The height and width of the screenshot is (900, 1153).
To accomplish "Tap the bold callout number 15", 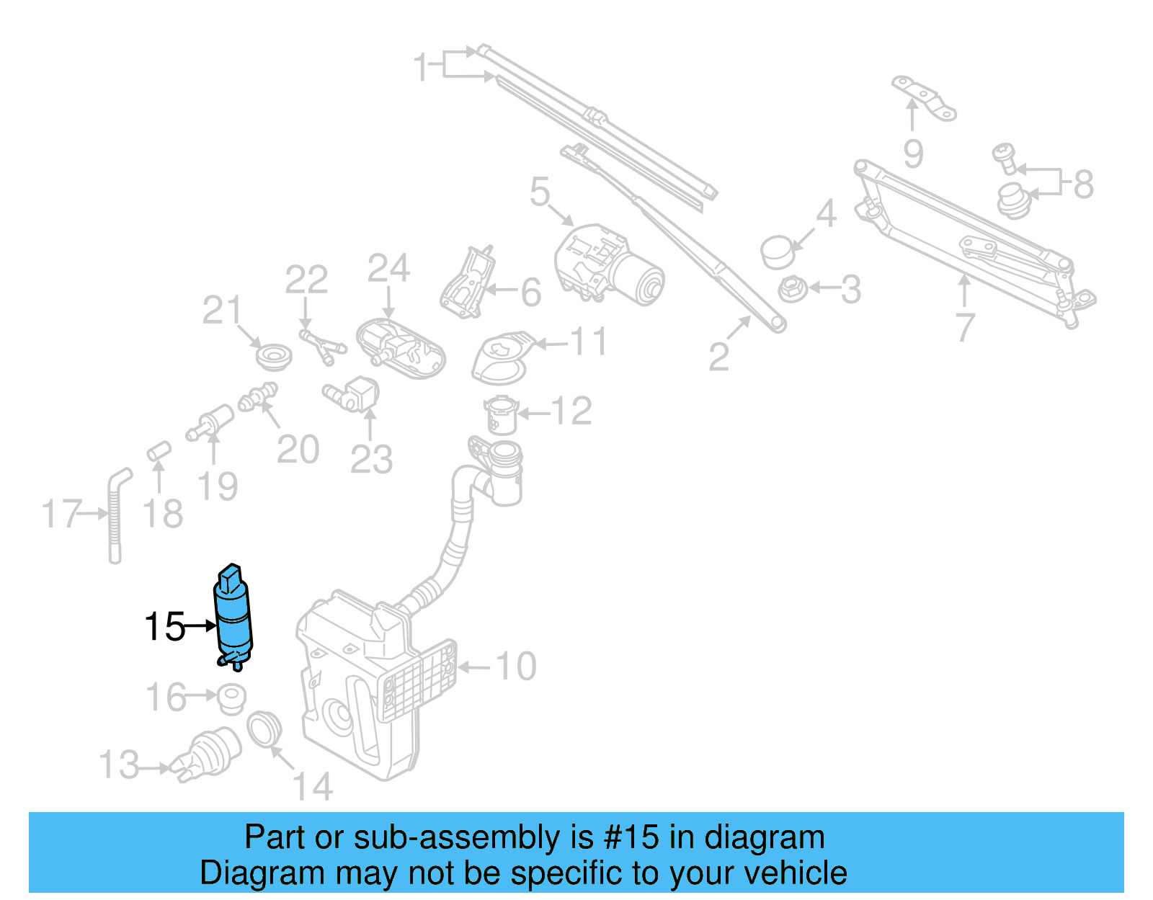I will pos(164,627).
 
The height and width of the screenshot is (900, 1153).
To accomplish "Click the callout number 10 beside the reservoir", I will pos(516,667).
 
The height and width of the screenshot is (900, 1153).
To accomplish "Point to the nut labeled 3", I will pos(791,290).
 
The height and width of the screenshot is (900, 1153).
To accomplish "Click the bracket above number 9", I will pos(924,97).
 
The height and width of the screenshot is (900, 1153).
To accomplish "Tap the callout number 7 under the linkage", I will pos(965,327).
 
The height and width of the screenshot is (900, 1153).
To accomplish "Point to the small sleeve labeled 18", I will pos(159,451).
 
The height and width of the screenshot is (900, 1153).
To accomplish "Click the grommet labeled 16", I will pos(231,698).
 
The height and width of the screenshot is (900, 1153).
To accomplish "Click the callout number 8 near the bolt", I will pos(1083,184).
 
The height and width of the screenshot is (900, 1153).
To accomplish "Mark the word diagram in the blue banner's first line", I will pos(764,837).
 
